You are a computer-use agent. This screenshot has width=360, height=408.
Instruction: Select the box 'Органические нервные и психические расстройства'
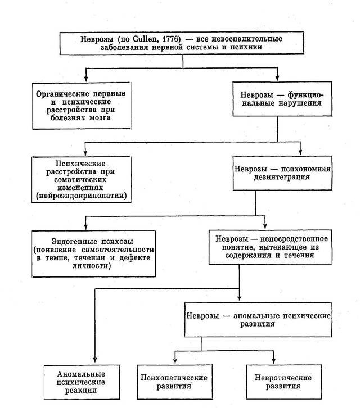click(81, 106)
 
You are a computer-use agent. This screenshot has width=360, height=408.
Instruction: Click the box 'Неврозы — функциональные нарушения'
click(282, 99)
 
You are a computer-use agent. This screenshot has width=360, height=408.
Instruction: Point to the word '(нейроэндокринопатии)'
click(81, 196)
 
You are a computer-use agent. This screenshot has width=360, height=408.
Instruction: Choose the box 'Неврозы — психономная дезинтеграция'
click(282, 173)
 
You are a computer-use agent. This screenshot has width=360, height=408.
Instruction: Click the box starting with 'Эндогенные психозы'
click(93, 253)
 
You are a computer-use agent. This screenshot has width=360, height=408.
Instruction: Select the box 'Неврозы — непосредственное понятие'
click(271, 247)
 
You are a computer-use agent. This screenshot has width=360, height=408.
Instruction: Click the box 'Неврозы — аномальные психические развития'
click(258, 320)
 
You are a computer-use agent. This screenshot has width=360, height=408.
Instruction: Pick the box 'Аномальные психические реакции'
click(82, 382)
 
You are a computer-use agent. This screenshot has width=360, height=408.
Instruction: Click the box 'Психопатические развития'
click(175, 382)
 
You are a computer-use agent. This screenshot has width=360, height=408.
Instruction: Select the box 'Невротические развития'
click(283, 382)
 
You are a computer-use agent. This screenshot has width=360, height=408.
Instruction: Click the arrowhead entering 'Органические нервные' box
click(86, 78)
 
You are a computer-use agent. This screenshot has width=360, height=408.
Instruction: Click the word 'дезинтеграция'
click(282, 177)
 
